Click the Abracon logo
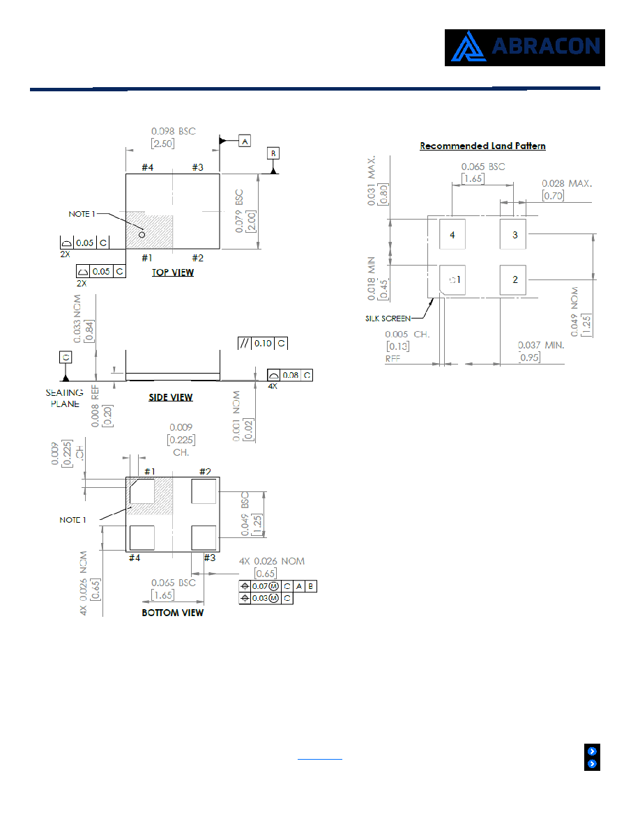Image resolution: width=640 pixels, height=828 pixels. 524,47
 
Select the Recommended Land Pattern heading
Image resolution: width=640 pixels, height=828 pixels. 482,146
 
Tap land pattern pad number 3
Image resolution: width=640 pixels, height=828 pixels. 512,234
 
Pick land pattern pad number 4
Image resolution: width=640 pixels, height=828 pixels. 452,234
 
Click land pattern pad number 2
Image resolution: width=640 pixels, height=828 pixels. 512,280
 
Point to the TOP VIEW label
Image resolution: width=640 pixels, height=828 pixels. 173,273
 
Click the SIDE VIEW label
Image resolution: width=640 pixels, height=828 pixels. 171,397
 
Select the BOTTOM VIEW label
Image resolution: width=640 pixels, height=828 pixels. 173,613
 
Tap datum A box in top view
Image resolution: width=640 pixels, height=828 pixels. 245,141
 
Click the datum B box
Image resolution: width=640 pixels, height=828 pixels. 273,153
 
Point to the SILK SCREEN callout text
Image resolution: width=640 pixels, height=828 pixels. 388,319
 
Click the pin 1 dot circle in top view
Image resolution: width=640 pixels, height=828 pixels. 142,234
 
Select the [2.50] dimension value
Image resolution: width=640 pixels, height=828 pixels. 162,144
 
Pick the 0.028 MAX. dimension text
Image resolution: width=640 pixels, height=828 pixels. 567,183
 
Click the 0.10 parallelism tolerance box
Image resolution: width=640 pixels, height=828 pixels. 263,343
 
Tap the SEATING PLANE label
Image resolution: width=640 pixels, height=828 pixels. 64,398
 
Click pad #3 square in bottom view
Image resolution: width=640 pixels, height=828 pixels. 204,538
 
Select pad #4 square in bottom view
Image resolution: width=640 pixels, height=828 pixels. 142,538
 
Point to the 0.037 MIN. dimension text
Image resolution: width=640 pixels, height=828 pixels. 541,346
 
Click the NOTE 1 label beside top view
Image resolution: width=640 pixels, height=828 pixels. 82,214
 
